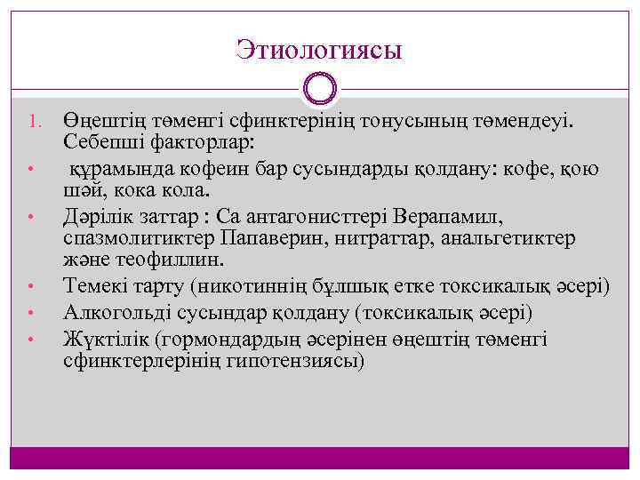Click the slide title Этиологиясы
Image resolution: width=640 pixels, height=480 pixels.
(x=319, y=49)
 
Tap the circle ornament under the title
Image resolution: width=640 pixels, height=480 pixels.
(x=319, y=88)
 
